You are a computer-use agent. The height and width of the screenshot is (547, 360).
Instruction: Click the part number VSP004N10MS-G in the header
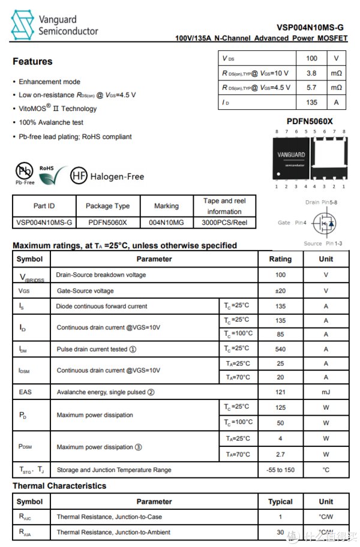pyautogui.click(x=310, y=27)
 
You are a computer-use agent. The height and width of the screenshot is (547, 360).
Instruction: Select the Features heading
pyautogui.click(x=32, y=61)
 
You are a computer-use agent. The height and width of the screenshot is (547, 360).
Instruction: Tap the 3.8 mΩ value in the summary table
pyautogui.click(x=311, y=73)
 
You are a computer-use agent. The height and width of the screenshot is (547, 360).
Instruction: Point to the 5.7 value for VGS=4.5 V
pyautogui.click(x=311, y=88)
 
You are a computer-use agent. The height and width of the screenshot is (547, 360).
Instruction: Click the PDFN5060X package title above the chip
pyautogui.click(x=309, y=121)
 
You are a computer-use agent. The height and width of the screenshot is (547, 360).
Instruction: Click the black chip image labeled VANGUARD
pyautogui.click(x=291, y=158)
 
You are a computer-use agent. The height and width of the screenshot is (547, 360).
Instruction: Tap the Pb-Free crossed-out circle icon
pyautogui.click(x=24, y=171)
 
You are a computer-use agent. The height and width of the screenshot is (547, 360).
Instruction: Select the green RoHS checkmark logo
pyautogui.click(x=52, y=175)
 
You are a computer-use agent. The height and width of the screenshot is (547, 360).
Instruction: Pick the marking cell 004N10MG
pyautogui.click(x=166, y=223)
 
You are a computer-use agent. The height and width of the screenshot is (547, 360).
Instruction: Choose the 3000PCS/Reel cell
pyautogui.click(x=224, y=223)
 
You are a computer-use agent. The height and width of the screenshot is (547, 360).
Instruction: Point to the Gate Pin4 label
pyautogui.click(x=292, y=223)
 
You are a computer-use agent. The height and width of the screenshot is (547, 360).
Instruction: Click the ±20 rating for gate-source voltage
pyautogui.click(x=280, y=291)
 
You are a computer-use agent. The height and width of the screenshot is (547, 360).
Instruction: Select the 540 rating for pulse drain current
pyautogui.click(x=280, y=349)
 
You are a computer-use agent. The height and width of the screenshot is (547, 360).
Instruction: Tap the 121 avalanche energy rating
pyautogui.click(x=280, y=392)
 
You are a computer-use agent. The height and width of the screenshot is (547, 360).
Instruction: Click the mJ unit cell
pyautogui.click(x=326, y=392)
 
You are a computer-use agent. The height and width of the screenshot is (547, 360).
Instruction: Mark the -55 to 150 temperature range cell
pyautogui.click(x=280, y=470)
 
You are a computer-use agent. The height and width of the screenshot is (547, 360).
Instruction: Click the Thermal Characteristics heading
pyautogui.click(x=59, y=486)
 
